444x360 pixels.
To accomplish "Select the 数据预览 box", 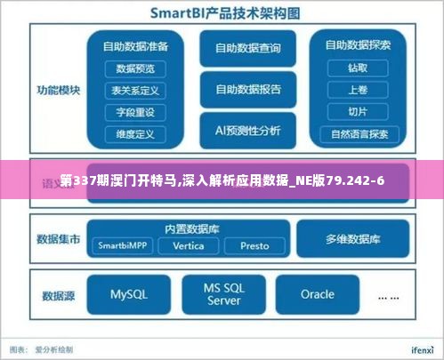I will click(135, 68).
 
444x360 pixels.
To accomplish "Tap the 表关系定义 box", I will click(135, 90).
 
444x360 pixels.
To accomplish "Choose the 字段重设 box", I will click(135, 112).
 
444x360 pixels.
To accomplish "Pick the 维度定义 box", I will click(135, 134).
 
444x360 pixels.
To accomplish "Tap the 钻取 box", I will click(358, 68).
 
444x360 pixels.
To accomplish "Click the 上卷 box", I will click(358, 90).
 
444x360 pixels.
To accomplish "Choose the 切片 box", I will click(358, 112).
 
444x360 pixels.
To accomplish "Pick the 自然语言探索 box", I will click(359, 135).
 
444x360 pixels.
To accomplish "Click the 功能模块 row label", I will click(59, 90).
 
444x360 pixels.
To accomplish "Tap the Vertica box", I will click(189, 245).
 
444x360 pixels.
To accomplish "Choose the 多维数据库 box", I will click(352, 239).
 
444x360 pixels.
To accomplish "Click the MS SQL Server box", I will click(224, 294).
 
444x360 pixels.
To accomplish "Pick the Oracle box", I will click(318, 294).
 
